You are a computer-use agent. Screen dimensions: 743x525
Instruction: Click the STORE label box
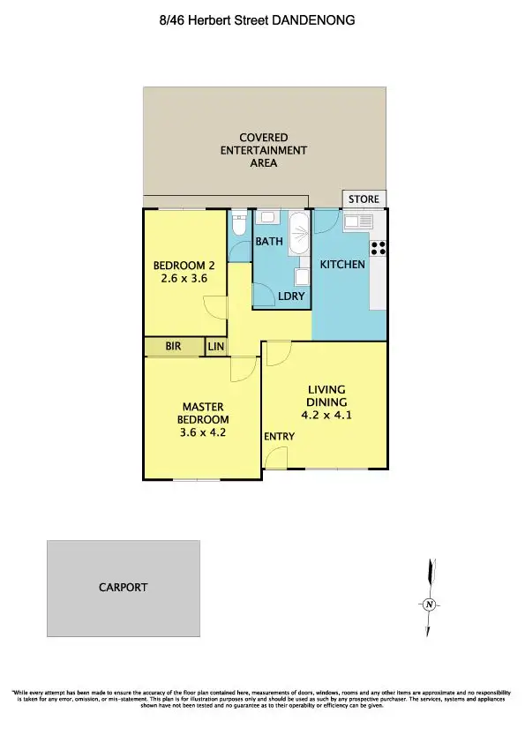click(364, 199)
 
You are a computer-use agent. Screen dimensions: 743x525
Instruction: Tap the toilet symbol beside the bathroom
click(237, 226)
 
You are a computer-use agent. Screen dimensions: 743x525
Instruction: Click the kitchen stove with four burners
click(379, 248)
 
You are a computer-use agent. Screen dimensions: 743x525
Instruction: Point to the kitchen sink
click(360, 221)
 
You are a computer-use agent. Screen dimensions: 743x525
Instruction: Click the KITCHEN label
click(342, 265)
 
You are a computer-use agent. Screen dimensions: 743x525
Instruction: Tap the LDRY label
click(291, 296)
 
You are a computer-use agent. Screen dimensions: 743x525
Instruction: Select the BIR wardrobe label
click(173, 347)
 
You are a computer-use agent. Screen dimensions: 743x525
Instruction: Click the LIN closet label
click(216, 348)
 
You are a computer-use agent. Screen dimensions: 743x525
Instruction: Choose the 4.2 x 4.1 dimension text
click(326, 415)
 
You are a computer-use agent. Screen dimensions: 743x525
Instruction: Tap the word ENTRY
click(278, 437)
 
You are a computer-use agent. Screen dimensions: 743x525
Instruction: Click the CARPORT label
click(124, 587)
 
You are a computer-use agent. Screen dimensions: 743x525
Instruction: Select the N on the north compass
click(429, 604)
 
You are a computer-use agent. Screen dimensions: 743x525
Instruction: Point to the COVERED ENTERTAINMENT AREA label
click(264, 150)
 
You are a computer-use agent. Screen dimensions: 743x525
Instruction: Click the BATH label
click(269, 241)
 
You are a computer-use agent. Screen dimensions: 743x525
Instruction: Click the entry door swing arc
click(275, 456)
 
